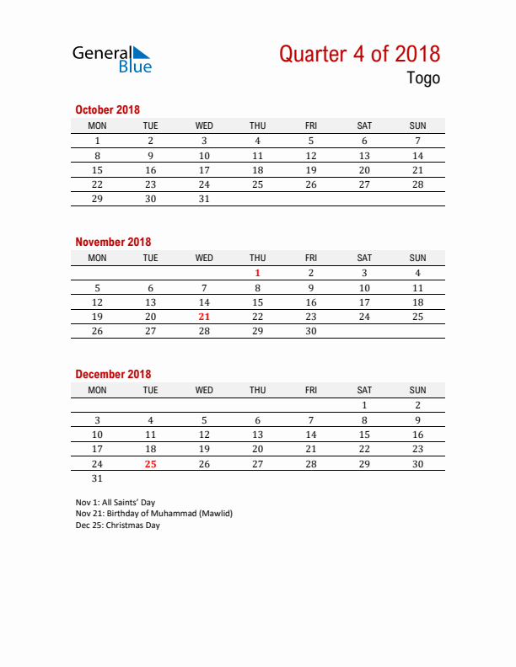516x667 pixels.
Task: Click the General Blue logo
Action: [x=111, y=59]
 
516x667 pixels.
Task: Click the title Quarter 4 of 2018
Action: [x=359, y=54]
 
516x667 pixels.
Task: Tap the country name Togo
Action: [x=423, y=79]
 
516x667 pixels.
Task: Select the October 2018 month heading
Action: [x=107, y=109]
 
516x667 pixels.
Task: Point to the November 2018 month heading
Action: [x=113, y=242]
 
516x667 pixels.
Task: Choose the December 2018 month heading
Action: [x=113, y=374]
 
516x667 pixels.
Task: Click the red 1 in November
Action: [x=257, y=273]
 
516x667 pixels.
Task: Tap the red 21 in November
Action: [x=204, y=317]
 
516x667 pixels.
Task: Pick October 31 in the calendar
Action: [x=204, y=200]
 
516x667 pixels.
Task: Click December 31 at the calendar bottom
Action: [x=97, y=478]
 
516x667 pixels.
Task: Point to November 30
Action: [x=311, y=332]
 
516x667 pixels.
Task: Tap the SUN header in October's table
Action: [x=417, y=125]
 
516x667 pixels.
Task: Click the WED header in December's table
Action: [x=204, y=390]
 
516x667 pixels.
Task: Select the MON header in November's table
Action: [x=97, y=258]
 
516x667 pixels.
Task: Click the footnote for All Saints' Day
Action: [x=116, y=502]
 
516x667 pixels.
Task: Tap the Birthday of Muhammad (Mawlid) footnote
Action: [x=153, y=514]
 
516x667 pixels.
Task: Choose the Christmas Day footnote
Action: [x=117, y=526]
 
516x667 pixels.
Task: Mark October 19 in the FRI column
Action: [x=311, y=170]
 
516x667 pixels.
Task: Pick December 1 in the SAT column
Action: [x=364, y=405]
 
